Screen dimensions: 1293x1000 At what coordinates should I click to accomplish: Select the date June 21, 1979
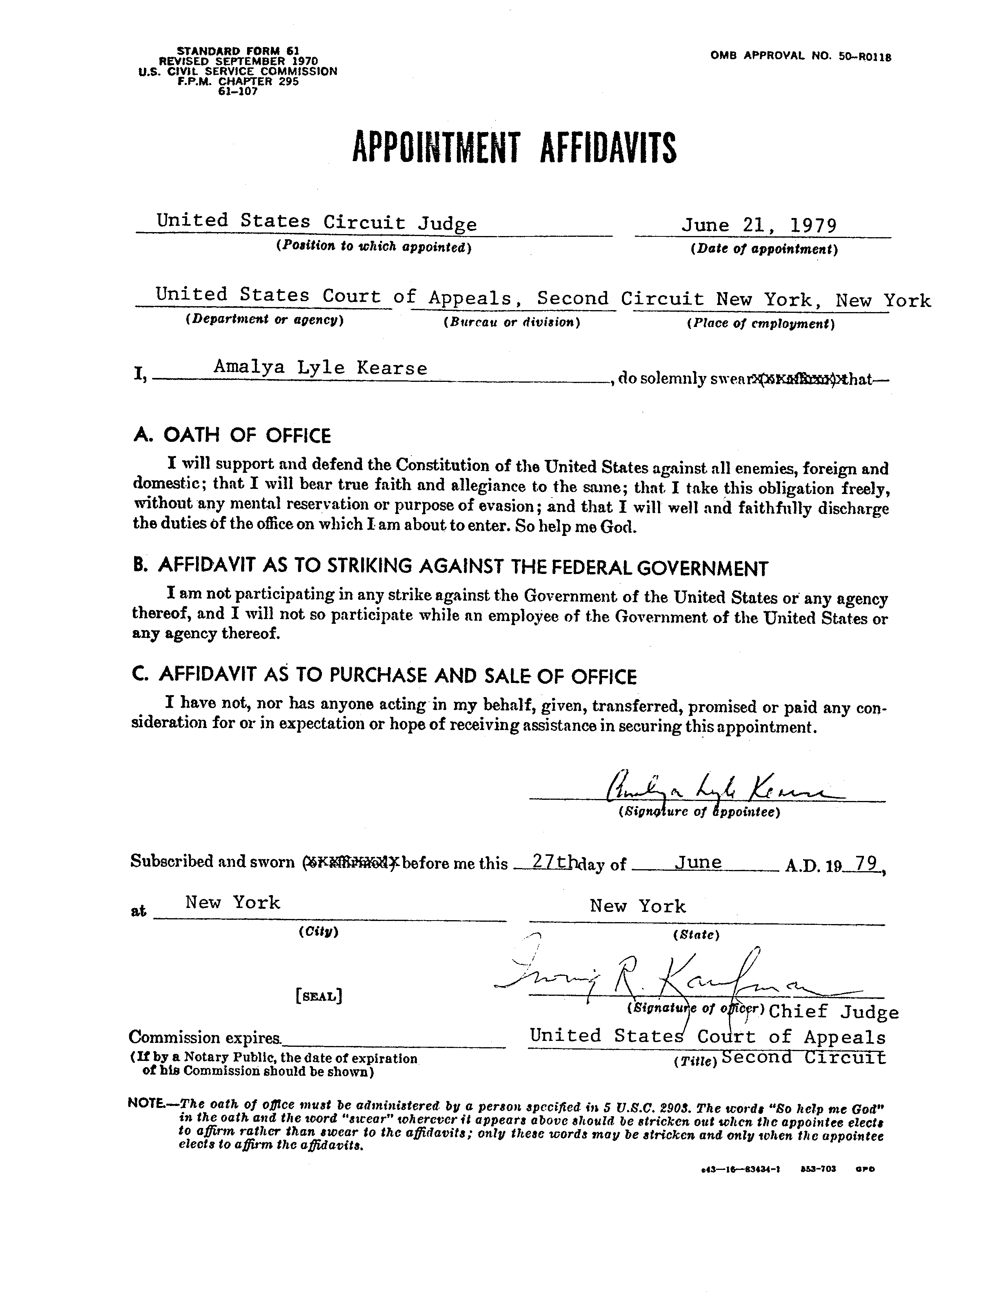[759, 225]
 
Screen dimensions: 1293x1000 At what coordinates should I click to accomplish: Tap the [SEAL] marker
[318, 996]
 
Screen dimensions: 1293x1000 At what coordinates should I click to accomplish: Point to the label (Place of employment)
[760, 324]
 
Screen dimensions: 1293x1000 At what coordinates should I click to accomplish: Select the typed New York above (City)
[232, 902]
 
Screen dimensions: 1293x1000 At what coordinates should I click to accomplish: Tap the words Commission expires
[205, 1037]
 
